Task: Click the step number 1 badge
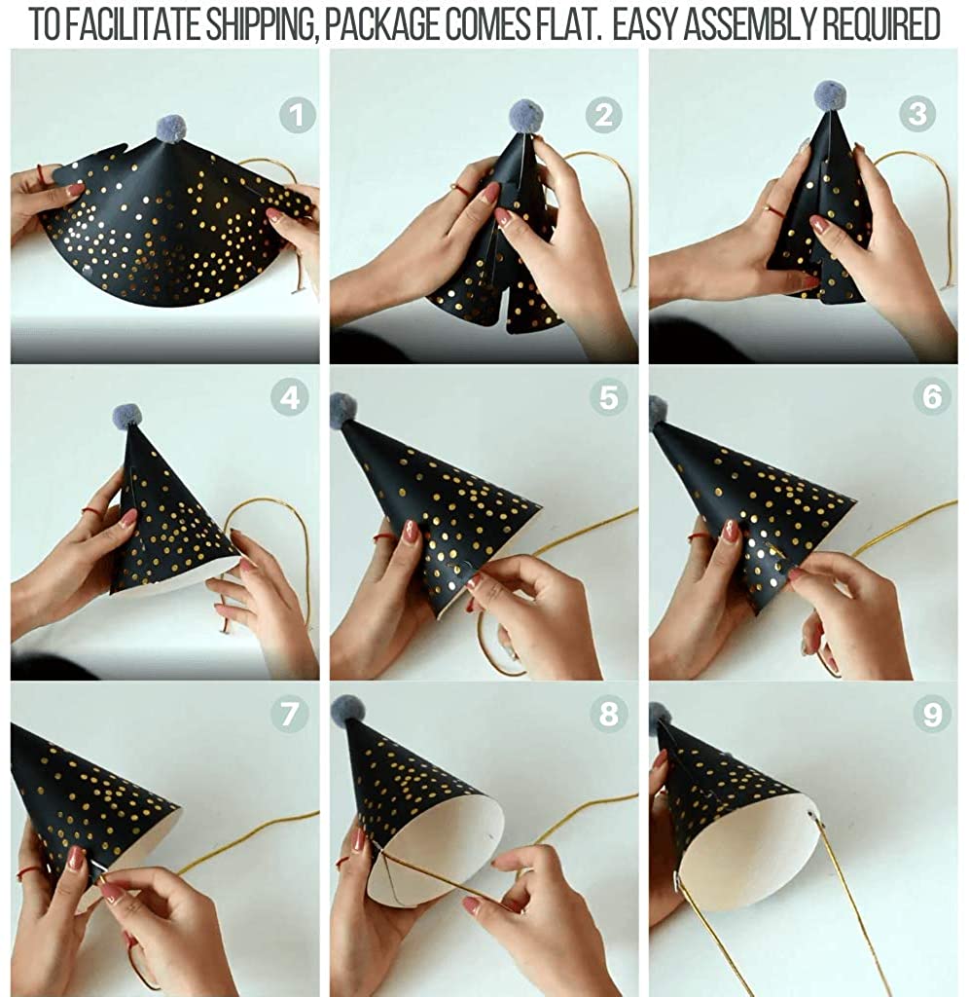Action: (297, 115)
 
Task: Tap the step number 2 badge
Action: (603, 115)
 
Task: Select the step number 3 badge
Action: (917, 115)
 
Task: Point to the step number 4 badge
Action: (290, 398)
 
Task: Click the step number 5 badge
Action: (609, 398)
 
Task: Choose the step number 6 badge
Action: (932, 397)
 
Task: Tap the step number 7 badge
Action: (290, 714)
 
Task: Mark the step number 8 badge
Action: (609, 714)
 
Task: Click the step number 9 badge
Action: (932, 714)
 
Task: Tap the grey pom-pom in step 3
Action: (830, 94)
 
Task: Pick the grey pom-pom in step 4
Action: (127, 416)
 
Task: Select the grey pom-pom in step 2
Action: (526, 115)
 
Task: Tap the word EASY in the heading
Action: (643, 24)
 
